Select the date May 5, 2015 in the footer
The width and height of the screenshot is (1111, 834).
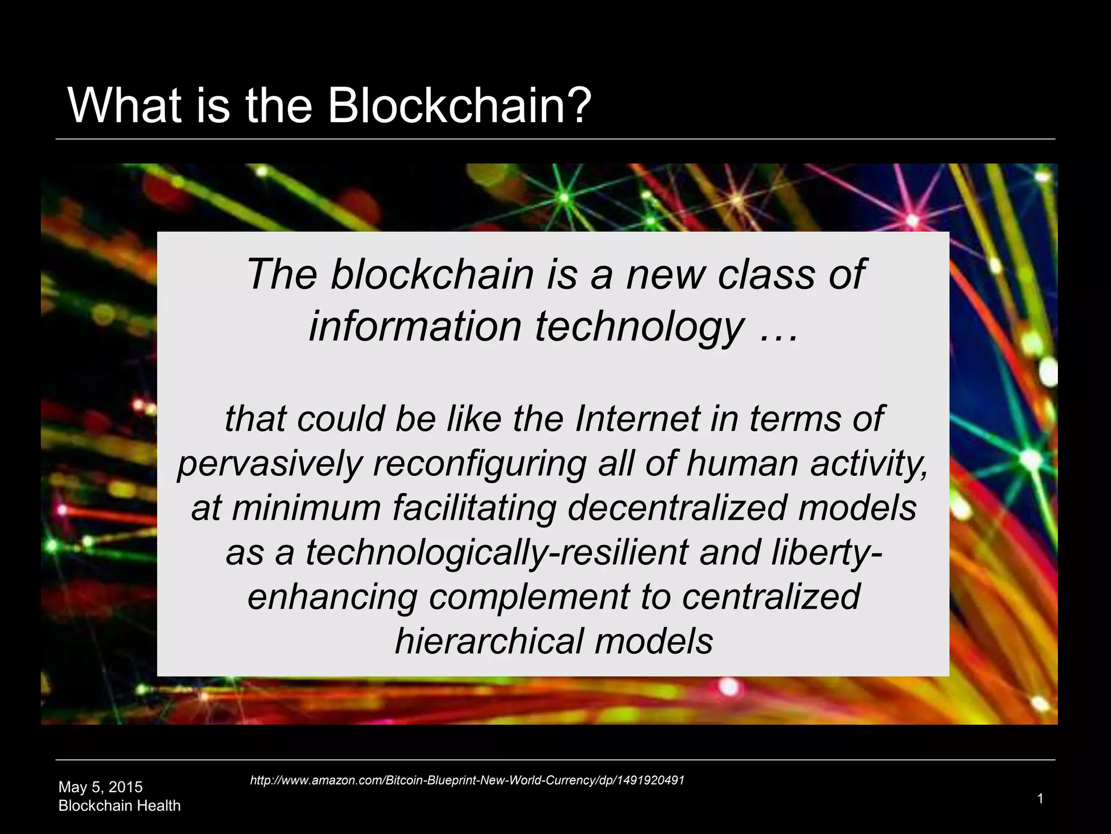(100, 787)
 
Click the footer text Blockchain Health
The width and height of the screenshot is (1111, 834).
(119, 806)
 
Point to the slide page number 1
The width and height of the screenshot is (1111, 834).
(1040, 798)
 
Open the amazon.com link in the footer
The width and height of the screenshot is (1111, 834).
(467, 780)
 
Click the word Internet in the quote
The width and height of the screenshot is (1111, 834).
(637, 419)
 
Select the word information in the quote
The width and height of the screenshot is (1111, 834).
(415, 327)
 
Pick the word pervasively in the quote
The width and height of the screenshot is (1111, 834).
(270, 464)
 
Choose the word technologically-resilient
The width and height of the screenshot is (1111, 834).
(497, 552)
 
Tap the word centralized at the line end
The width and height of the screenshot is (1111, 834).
(771, 597)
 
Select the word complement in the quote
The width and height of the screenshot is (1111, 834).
(529, 597)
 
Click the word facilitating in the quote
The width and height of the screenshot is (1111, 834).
(475, 508)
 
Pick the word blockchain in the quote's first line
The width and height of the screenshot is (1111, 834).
(432, 275)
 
